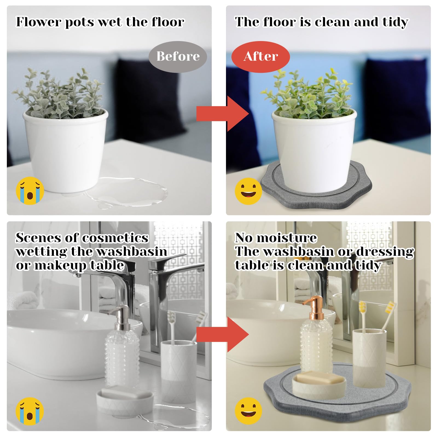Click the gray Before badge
(x=178, y=57)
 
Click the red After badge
(x=260, y=57)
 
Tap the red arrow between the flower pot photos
(x=223, y=114)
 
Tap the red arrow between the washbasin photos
(x=223, y=334)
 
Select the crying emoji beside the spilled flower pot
(x=30, y=191)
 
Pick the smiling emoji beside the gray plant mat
(x=248, y=191)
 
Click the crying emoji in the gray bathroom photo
(x=30, y=411)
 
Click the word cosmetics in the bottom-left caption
(x=115, y=237)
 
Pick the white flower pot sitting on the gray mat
(x=314, y=149)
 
